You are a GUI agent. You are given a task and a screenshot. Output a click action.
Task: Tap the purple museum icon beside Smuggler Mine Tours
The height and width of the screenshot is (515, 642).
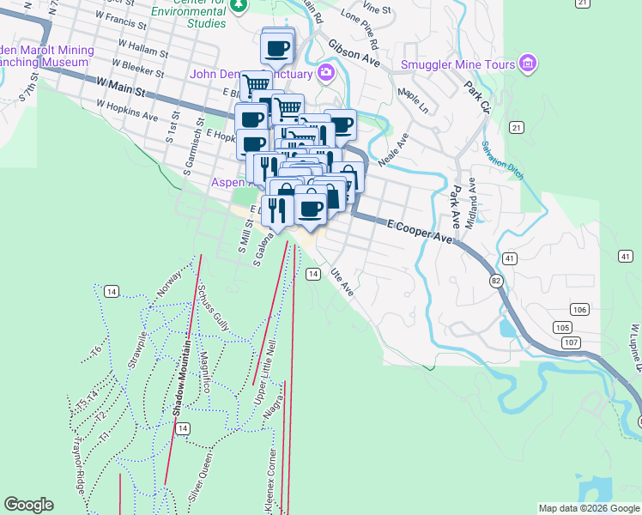pos(528,64)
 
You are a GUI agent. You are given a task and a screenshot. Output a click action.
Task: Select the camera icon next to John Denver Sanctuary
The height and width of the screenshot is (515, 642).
pos(325,72)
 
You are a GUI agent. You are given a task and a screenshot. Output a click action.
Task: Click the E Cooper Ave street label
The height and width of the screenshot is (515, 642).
pos(419,230)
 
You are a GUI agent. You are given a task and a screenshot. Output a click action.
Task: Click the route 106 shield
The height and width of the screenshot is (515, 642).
pos(579,309)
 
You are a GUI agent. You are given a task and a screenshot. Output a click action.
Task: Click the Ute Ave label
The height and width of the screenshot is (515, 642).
pos(341,284)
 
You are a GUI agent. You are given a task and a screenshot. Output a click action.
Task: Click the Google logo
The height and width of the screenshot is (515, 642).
pos(28,505)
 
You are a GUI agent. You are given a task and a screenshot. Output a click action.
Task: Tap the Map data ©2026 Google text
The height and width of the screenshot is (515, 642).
pos(588,508)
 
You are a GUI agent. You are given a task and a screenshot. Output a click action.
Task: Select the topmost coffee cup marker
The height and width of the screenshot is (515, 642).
pos(277,49)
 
